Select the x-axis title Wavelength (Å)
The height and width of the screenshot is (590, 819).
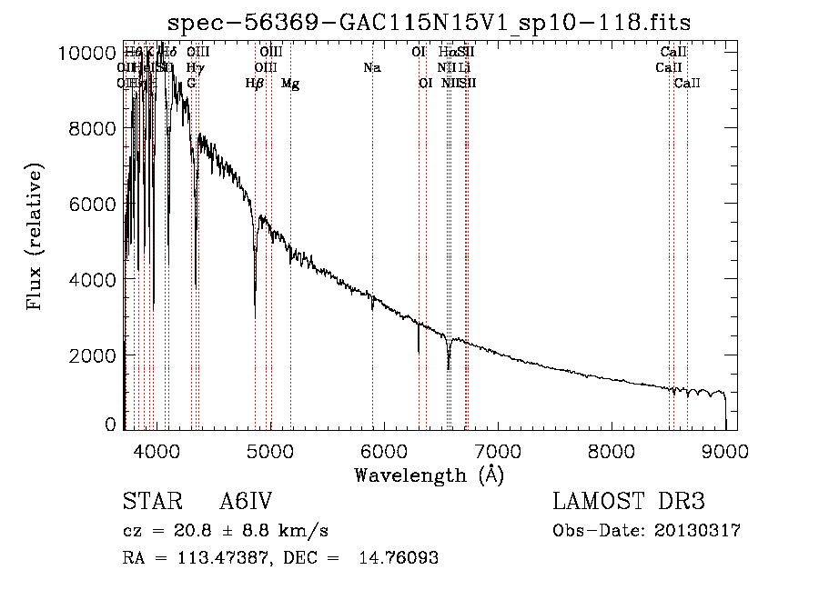[x=429, y=475]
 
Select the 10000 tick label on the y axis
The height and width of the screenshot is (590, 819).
[x=86, y=53]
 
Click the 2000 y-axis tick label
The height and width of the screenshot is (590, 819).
[x=92, y=355]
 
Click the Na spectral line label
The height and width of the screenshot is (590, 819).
[x=371, y=68]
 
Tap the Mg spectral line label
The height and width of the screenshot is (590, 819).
[x=290, y=84]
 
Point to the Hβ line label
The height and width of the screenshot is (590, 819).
[x=255, y=84]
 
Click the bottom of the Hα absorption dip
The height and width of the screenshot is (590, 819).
[x=449, y=369]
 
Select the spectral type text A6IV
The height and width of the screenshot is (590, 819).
[x=247, y=503]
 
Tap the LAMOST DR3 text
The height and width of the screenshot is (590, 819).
[x=629, y=503]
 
